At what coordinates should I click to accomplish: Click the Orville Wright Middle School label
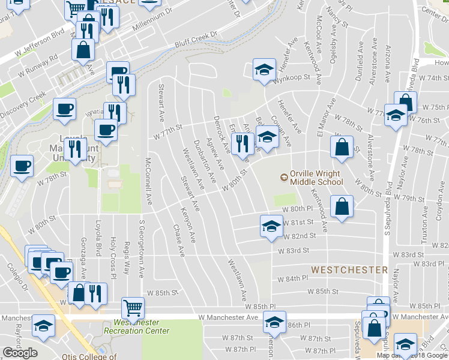tap(316, 178)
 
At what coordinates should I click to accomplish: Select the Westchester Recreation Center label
tap(136, 326)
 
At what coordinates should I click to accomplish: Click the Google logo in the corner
tap(20, 353)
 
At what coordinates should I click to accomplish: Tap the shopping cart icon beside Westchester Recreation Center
tap(133, 308)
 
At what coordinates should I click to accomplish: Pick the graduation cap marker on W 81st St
tap(271, 227)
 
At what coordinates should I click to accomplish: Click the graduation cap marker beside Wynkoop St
tap(264, 70)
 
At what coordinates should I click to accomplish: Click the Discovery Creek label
tap(22, 104)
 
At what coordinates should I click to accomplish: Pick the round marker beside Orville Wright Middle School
tap(284, 177)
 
